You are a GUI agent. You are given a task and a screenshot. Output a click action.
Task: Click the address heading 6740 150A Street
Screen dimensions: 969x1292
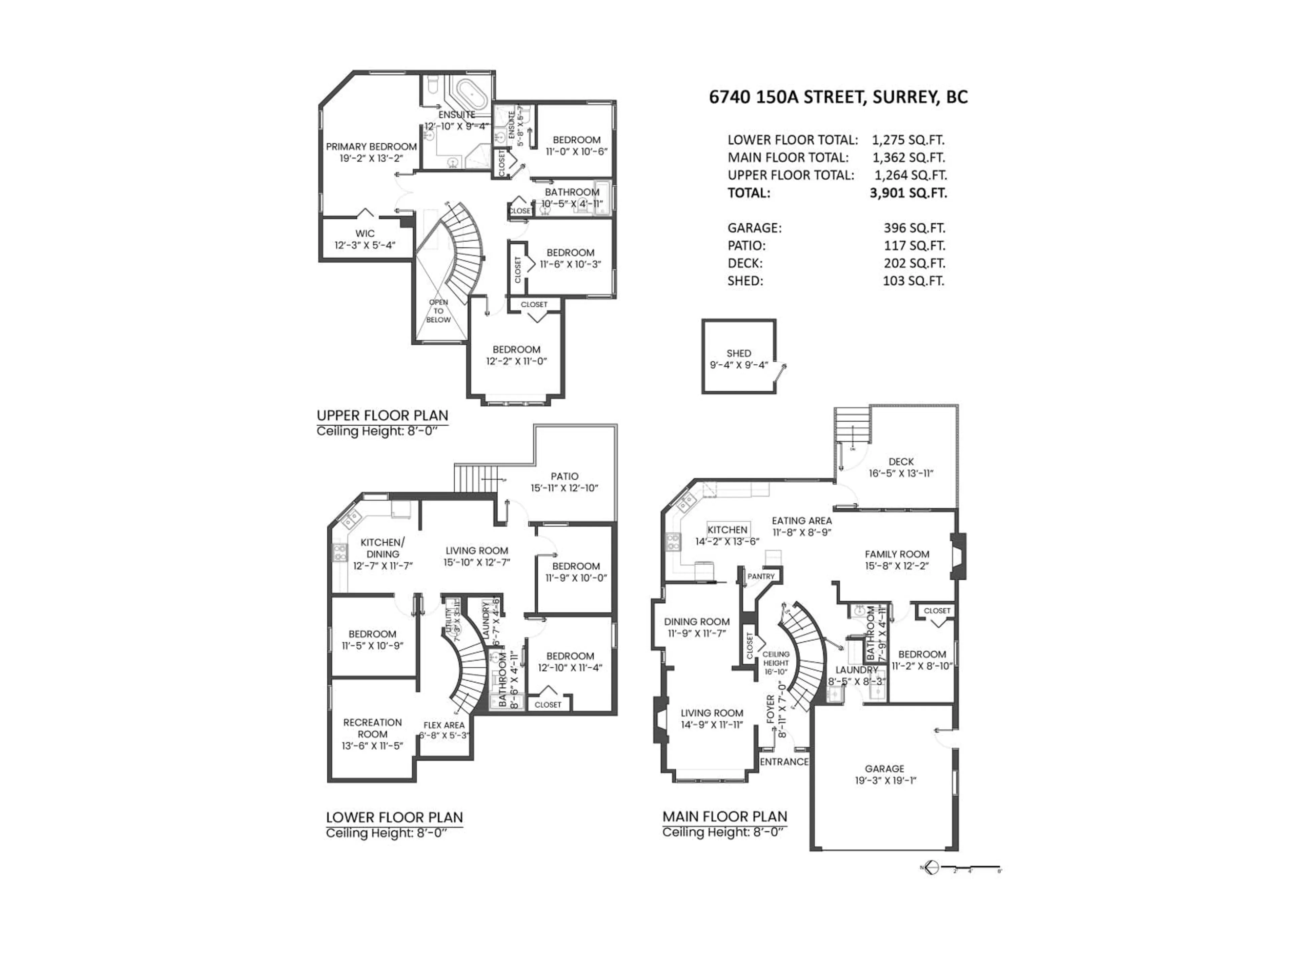pos(838,97)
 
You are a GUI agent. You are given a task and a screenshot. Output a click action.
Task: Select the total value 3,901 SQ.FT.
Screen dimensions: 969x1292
pos(908,193)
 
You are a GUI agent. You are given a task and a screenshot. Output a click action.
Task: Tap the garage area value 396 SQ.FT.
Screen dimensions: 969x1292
pos(913,228)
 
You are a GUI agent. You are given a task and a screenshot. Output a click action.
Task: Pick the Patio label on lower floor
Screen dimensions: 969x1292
pos(564,476)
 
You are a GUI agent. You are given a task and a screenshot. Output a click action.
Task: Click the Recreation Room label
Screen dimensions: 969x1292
pos(372,728)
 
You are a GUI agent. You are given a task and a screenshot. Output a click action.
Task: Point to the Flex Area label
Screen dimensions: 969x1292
pos(444,725)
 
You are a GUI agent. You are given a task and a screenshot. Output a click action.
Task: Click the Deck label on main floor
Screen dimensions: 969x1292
pos(901,461)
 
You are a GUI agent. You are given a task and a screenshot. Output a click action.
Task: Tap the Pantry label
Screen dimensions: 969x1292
pos(760,576)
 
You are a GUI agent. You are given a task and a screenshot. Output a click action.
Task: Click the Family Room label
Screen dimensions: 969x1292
pos(897,554)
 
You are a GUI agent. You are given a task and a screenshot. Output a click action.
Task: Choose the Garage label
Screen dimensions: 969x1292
pos(884,769)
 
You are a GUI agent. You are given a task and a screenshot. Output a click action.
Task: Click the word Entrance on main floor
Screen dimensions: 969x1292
pos(784,762)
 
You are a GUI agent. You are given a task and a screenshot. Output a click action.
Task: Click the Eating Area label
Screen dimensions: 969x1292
pos(801,521)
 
